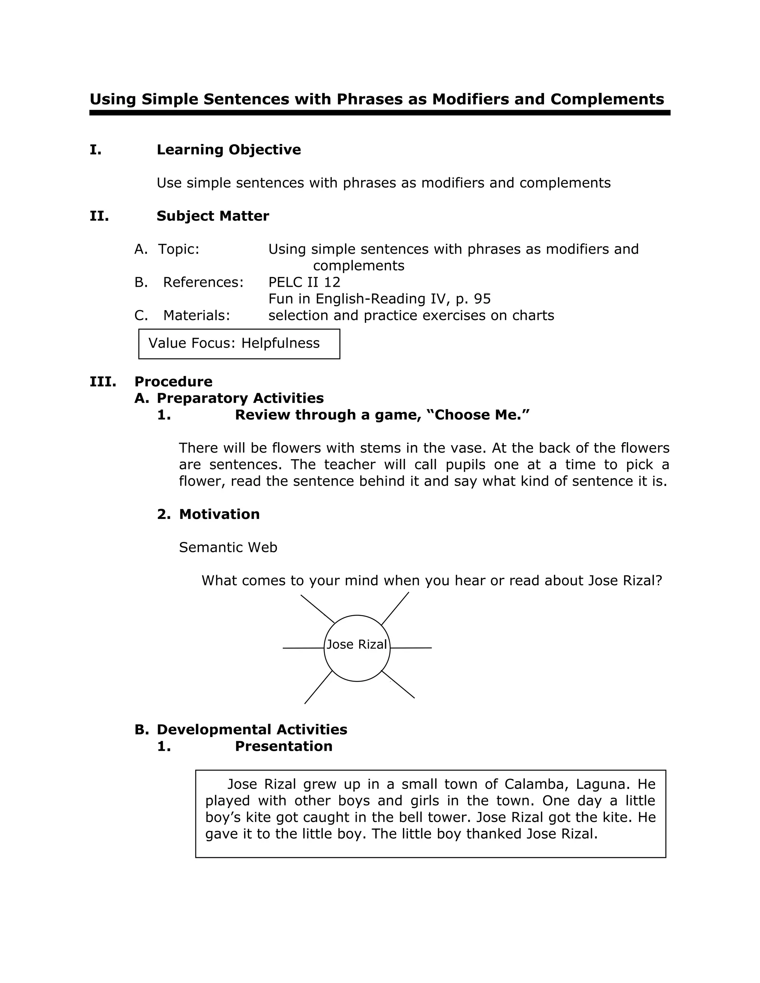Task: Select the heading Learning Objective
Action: (229, 150)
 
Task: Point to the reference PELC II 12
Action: (304, 282)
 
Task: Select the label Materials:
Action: (196, 316)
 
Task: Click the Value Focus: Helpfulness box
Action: (239, 344)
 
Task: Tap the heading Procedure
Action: (173, 382)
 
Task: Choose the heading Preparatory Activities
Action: (240, 398)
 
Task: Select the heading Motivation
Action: (219, 514)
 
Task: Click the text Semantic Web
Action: (228, 548)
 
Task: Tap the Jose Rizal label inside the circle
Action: (357, 645)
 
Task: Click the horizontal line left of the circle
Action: (303, 648)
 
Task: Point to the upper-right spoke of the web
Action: (395, 608)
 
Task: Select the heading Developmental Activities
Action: (252, 730)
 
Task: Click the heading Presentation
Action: (284, 746)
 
